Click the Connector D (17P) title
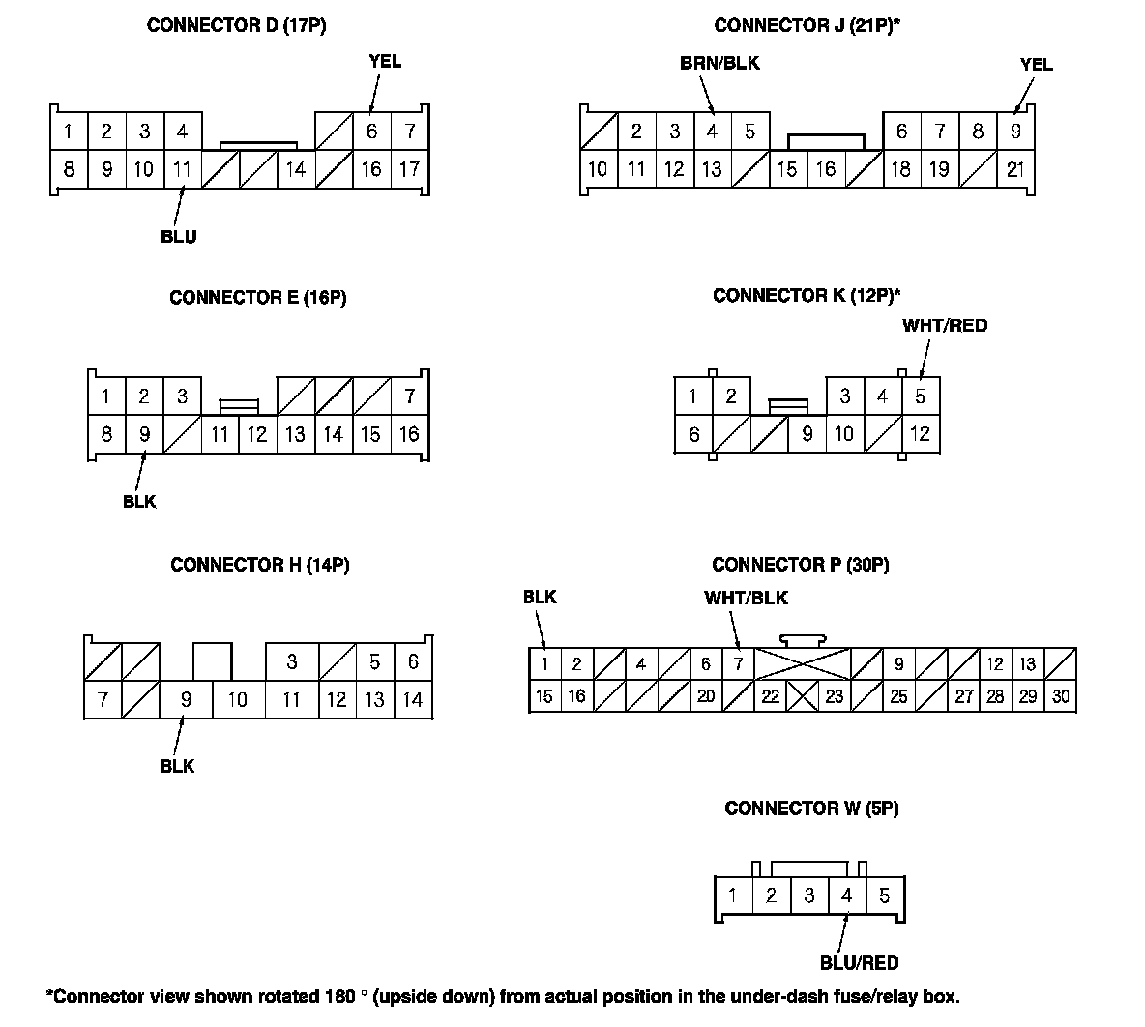[236, 26]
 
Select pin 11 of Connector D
[182, 169]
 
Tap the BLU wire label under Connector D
[179, 237]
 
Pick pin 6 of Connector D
[371, 132]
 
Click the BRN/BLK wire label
[719, 64]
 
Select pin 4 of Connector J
[712, 132]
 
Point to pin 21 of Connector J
[1015, 169]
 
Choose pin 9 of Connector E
[144, 434]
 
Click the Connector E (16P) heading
[257, 298]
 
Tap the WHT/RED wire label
[945, 326]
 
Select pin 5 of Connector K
[920, 396]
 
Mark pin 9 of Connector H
[186, 699]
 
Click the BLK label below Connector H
[178, 766]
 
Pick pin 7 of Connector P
[738, 664]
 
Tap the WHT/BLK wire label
[746, 598]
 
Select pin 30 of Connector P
[1060, 696]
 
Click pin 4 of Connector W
[846, 895]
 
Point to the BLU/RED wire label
[859, 963]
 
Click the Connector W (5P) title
[811, 808]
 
